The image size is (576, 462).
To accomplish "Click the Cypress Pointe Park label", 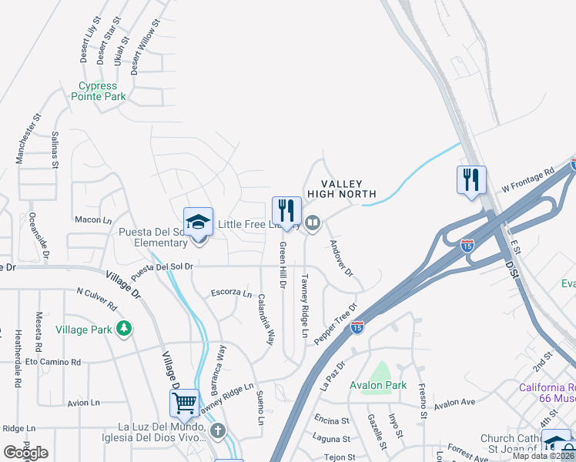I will point(98,92).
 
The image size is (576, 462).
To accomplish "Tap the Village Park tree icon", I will point(123,329).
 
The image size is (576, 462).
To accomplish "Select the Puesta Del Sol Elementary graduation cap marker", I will point(198,223).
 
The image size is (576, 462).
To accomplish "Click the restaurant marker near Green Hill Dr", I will point(286,212).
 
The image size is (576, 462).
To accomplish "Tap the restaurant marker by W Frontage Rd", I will point(471,181).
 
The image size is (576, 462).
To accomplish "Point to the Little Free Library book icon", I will point(313,224).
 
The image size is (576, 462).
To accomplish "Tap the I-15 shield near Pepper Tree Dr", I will point(357,327).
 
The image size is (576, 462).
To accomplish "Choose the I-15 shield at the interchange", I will point(467,246).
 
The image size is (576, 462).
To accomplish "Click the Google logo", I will point(25,453).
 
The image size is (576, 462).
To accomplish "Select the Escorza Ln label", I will point(231,294).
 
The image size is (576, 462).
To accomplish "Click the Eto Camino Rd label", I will point(53,361).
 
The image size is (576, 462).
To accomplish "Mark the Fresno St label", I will point(422,400).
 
